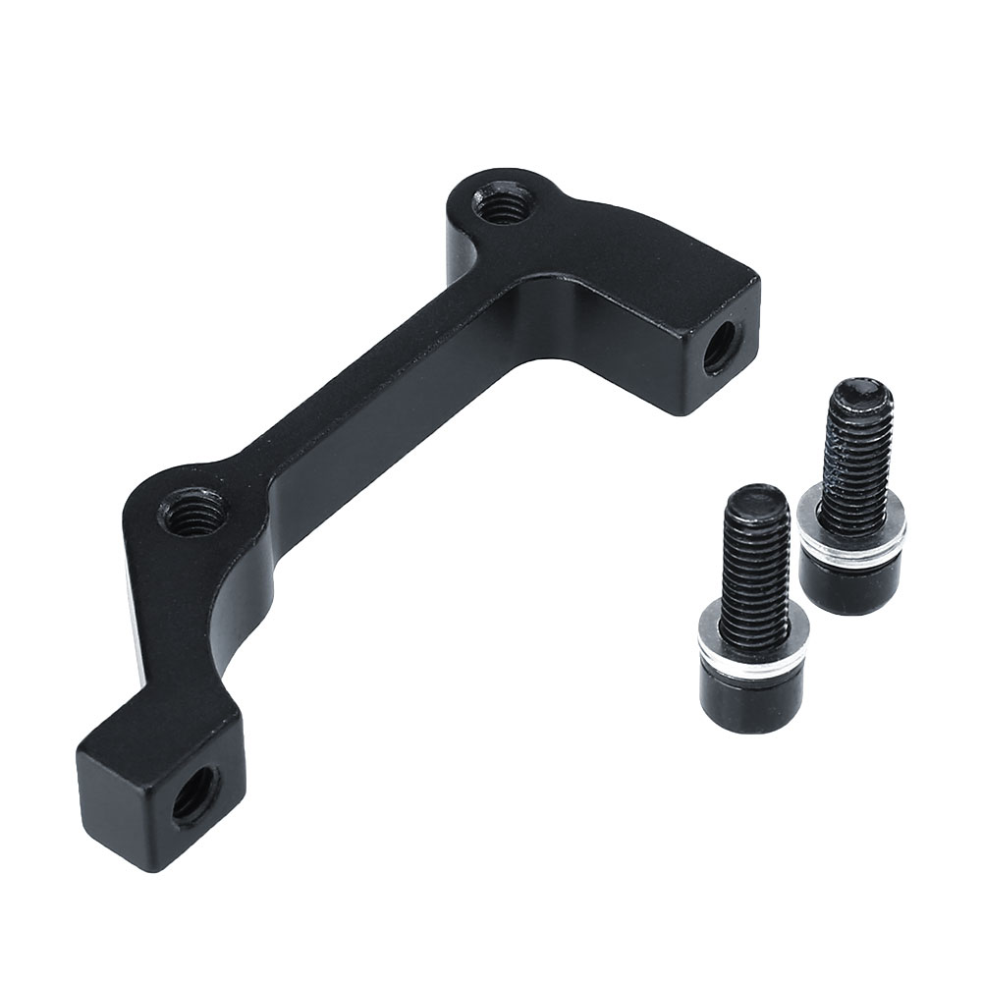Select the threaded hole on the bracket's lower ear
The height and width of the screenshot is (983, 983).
pyautogui.click(x=192, y=513)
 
